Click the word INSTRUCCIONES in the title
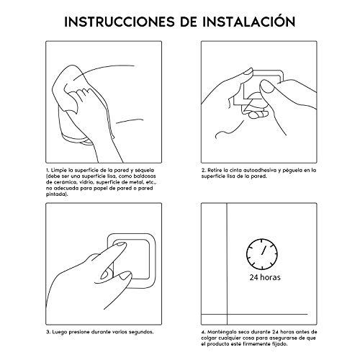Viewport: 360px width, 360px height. [120, 22]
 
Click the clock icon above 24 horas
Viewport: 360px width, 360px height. [262, 254]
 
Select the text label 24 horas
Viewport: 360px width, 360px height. [265, 277]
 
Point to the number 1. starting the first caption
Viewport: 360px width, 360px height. [48, 170]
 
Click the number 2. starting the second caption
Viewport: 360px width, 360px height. [204, 170]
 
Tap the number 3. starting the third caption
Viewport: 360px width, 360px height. [48, 332]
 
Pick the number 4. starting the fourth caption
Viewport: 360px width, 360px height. [204, 332]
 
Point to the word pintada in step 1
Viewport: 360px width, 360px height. [55, 194]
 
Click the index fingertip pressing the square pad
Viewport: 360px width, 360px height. [122, 244]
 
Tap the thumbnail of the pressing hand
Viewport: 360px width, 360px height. [125, 276]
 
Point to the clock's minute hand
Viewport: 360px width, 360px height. [264, 250]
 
